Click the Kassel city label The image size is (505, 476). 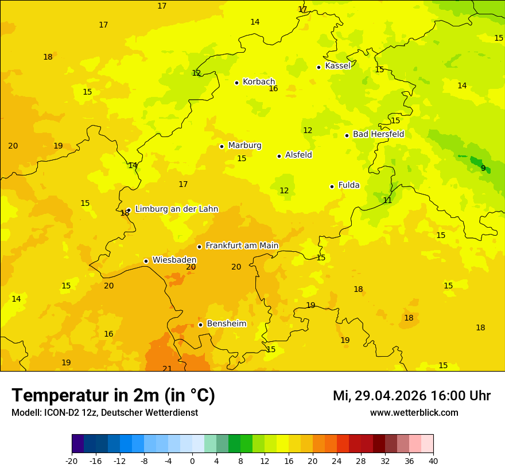click(x=337, y=66)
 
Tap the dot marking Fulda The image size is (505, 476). click(x=332, y=186)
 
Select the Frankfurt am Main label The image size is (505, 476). click(x=242, y=245)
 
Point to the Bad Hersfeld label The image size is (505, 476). click(x=378, y=134)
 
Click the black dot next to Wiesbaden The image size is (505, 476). click(x=146, y=261)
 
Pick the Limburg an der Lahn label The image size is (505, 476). click(x=176, y=209)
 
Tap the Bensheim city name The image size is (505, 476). click(x=226, y=323)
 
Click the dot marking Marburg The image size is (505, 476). click(x=222, y=146)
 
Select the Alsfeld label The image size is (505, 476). click(x=298, y=155)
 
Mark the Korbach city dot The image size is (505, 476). click(x=236, y=83)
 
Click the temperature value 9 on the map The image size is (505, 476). click(x=483, y=168)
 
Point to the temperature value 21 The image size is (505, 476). click(x=167, y=369)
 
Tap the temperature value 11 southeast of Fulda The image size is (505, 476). click(x=387, y=200)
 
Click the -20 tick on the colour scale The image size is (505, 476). click(x=71, y=461)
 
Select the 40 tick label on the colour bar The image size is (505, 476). click(x=433, y=461)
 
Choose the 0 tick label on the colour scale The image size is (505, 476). click(x=192, y=461)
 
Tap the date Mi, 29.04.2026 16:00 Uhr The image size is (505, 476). click(x=411, y=396)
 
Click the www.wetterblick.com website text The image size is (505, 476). click(x=414, y=413)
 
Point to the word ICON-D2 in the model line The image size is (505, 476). click(x=59, y=413)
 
